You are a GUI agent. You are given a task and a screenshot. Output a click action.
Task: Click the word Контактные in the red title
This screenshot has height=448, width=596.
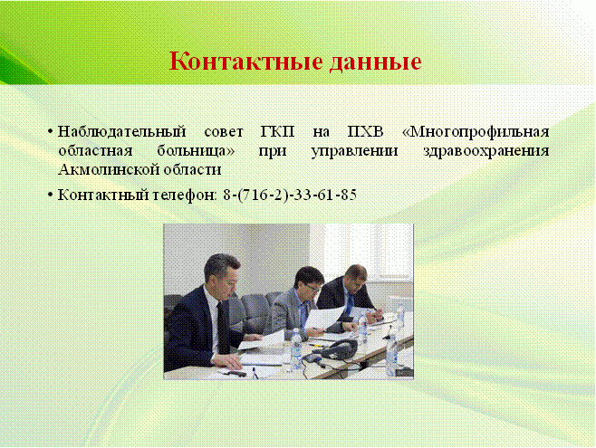[245, 61]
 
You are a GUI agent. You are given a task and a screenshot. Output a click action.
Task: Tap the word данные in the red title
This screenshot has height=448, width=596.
[376, 62]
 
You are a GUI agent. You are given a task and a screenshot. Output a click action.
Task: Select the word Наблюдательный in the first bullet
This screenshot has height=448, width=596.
[122, 132]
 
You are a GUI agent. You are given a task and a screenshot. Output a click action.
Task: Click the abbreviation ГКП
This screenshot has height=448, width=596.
[278, 132]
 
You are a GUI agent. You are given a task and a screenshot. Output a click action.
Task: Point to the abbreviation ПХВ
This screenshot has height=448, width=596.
[366, 132]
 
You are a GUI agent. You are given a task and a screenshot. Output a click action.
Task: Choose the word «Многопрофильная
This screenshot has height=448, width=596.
[476, 132]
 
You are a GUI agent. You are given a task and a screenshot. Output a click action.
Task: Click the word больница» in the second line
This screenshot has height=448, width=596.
[196, 151]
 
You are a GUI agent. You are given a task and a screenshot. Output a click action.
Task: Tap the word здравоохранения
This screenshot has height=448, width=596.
[486, 151]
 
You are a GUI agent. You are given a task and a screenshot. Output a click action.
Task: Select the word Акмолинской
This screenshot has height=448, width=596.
[109, 169]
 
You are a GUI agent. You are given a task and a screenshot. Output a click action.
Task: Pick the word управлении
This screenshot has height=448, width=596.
[354, 151]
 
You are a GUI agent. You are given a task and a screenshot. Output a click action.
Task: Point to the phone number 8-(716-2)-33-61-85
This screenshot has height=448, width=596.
[290, 195]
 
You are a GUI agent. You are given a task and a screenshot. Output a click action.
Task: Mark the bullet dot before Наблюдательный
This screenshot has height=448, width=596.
[50, 132]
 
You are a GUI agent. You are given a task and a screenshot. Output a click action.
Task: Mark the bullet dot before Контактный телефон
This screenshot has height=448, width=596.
[50, 195]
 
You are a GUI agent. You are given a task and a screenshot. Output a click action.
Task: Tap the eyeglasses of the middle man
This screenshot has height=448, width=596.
[312, 289]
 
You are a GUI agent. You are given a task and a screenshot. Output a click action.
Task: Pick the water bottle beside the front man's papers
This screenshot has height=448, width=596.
[296, 349]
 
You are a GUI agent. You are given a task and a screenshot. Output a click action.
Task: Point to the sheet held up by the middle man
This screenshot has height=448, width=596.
[324, 317]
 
